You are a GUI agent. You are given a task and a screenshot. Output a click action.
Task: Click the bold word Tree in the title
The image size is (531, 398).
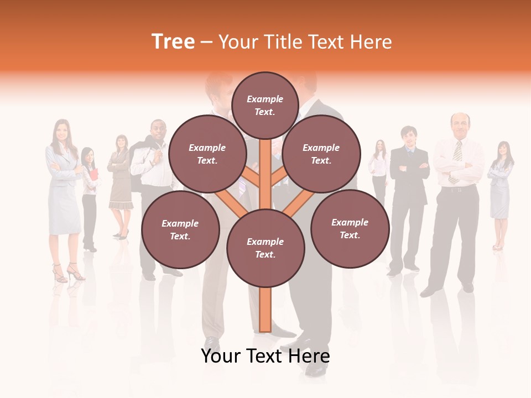pos(173,42)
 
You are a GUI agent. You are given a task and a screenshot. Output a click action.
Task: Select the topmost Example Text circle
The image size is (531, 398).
pos(265,105)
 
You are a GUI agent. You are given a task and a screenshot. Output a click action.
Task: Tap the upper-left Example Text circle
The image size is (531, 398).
pos(207,154)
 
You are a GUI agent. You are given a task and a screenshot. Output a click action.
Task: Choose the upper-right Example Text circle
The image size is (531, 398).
pos(321,154)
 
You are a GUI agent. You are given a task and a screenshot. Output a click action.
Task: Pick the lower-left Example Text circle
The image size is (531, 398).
pos(180,230)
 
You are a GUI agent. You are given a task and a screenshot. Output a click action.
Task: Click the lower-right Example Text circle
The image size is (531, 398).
pos(350,229)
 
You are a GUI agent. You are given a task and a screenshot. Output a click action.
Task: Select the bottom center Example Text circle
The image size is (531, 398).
pos(265,248)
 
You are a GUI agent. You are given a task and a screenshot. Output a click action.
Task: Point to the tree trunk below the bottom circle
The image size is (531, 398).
pos(265,310)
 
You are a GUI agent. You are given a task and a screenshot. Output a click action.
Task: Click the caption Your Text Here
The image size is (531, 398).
pos(265,356)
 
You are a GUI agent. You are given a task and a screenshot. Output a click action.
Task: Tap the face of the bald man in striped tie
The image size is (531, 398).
pos(460,125)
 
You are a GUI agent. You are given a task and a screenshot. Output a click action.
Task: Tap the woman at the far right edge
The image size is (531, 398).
pos(501,188)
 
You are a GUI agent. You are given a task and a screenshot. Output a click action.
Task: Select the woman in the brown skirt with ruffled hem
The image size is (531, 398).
pos(120,182)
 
